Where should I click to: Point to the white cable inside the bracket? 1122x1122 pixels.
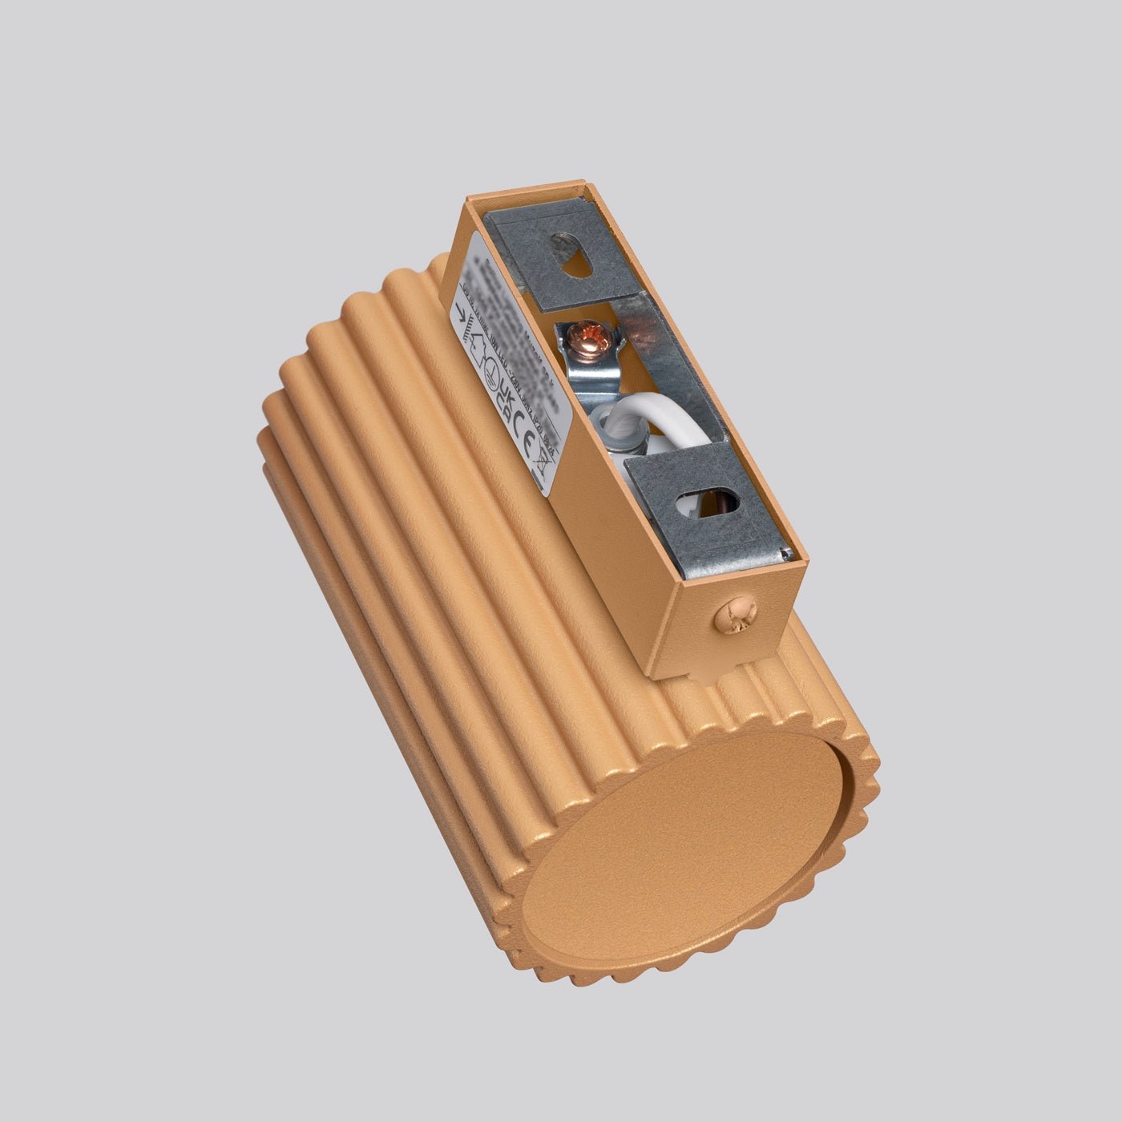pyautogui.click(x=674, y=428)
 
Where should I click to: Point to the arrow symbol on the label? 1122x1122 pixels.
pyautogui.click(x=462, y=318)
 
